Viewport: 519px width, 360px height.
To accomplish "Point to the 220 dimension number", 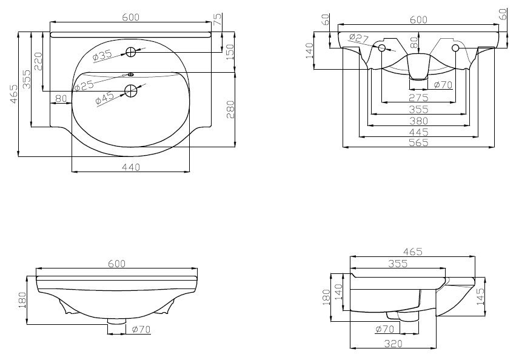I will coord(38,61).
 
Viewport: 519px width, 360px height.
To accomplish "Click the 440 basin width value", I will coord(132,167).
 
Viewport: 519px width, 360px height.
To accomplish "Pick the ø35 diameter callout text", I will coord(103,56).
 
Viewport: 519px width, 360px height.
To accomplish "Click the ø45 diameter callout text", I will coord(105,99).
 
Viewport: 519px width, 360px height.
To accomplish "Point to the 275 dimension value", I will coord(418,98).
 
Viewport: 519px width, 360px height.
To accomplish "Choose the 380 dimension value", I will coord(418,121).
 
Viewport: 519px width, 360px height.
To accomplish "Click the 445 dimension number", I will coord(418,132).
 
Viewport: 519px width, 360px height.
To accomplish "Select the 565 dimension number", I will coord(418,143).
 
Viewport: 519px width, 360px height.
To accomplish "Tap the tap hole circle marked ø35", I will coord(132,52).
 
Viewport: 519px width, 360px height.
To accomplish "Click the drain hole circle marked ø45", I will coord(130,91).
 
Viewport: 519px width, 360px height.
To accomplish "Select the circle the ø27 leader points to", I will coord(382,48).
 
